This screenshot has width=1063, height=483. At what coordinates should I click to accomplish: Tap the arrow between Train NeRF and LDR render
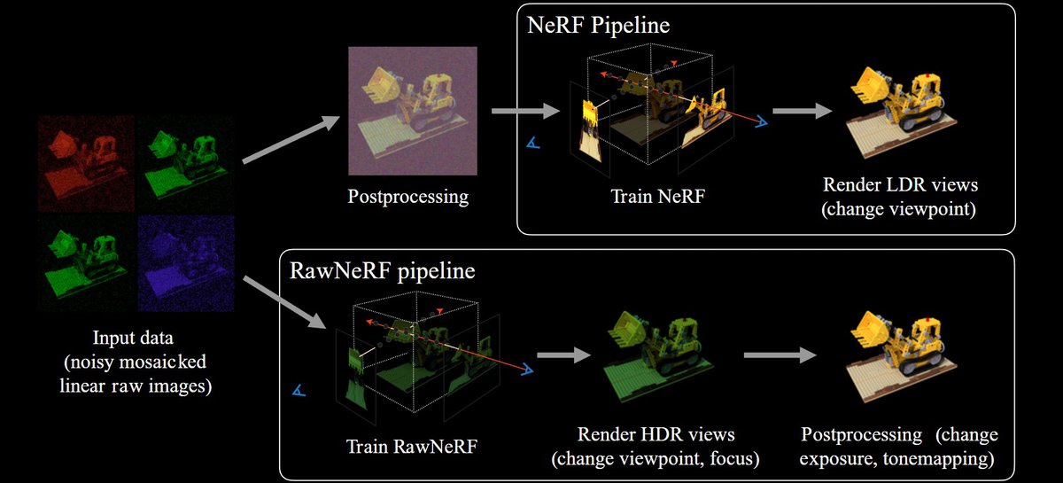pyautogui.click(x=801, y=111)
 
